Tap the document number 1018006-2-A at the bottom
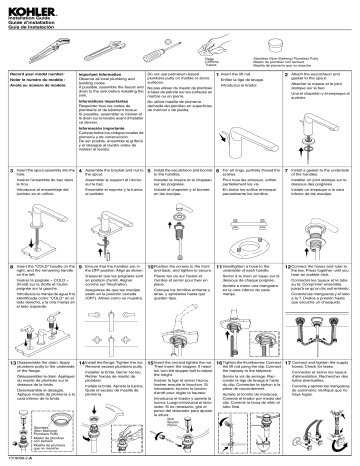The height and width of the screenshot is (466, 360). click(x=21, y=460)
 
